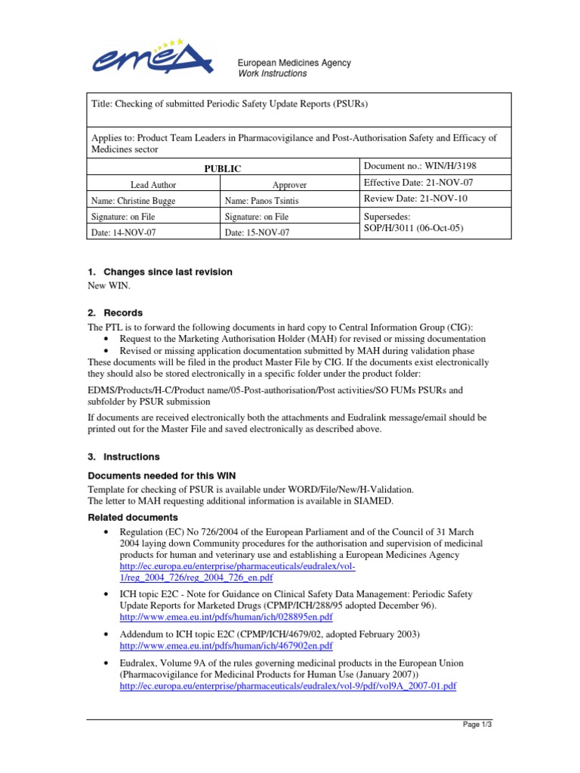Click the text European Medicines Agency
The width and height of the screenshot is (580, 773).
[295, 63]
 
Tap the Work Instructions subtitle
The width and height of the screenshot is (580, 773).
[273, 74]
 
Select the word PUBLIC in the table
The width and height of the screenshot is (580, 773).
[223, 169]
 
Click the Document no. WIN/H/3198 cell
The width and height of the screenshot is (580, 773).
[420, 165]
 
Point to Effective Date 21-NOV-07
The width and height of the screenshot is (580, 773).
[418, 183]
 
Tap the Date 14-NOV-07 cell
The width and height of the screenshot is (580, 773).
[123, 233]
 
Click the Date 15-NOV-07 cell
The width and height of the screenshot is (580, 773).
[257, 233]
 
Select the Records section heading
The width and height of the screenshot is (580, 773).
[122, 313]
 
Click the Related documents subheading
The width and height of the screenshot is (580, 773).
[133, 518]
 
